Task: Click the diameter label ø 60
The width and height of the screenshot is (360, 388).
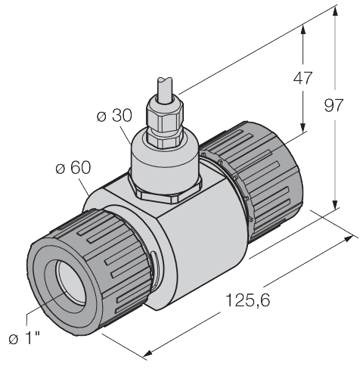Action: pos(73,167)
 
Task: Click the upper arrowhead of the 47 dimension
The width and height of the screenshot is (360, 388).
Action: pos(304,29)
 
